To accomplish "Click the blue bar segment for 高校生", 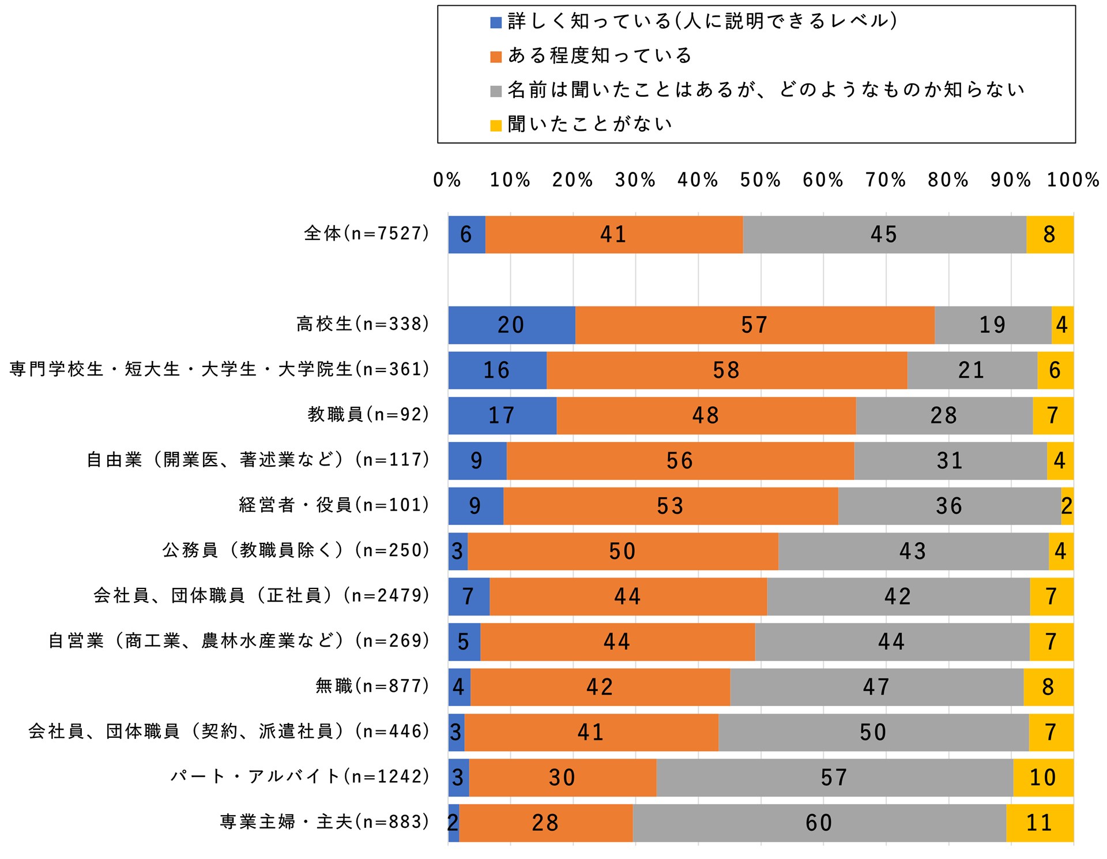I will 511,325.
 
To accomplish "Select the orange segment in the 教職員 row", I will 706,415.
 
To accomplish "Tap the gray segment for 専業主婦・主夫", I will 819,823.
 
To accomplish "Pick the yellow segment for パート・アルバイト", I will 1043,778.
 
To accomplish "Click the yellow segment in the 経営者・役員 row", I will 1067,506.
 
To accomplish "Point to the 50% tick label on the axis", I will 760,180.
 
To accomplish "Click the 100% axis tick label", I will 1073,180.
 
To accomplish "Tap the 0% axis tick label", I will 447,180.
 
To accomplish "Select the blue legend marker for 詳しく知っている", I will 496,23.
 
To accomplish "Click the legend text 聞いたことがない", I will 590,124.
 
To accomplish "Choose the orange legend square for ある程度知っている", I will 496,57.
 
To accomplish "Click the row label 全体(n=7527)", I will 367,233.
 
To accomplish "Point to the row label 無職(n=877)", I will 372,686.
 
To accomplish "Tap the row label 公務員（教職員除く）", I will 296,550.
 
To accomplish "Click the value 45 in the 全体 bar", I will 884,235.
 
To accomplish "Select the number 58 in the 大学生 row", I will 726,370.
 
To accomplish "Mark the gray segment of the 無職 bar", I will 876,687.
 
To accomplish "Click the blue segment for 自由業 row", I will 477,461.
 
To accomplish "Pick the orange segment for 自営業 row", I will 617,642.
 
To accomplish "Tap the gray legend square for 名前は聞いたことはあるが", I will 496,91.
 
